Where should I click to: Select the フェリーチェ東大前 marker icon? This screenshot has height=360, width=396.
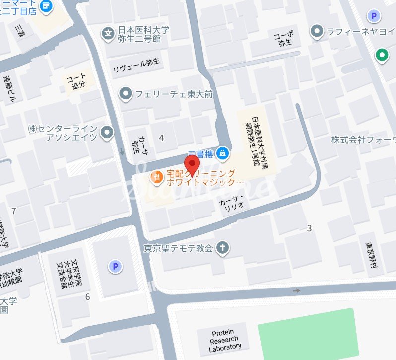tap(126, 93)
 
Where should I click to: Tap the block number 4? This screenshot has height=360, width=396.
tap(161, 137)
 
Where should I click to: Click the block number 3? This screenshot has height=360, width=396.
tap(309, 228)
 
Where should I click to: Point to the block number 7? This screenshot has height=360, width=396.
tap(14, 211)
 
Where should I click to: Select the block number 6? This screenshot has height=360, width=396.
tap(88, 297)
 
